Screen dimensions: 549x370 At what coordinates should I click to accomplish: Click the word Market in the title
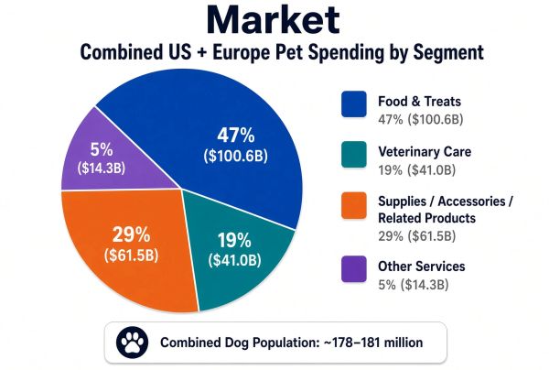point(273,20)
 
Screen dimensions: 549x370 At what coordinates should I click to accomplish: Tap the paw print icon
point(132,343)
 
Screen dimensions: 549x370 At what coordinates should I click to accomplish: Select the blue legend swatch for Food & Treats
point(354,104)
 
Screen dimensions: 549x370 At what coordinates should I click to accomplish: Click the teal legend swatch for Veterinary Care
point(354,154)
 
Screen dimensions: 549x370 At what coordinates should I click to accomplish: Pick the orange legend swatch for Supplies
point(354,205)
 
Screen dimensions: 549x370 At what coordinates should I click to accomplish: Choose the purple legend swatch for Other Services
point(354,269)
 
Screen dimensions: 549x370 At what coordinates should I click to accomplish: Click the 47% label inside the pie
point(236,135)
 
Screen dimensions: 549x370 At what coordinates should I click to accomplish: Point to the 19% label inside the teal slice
point(234,240)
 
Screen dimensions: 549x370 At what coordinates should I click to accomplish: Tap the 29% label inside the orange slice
point(131,234)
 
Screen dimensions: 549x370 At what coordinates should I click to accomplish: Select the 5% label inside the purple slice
point(102,149)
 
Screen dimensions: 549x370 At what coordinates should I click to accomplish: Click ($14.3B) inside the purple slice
point(102,168)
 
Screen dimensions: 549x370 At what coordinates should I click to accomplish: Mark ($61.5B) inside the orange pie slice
point(131,256)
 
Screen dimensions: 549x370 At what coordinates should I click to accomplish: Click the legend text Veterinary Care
point(425,152)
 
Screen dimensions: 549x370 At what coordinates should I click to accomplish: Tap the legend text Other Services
point(422,267)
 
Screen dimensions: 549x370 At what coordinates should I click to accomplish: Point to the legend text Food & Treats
point(419,102)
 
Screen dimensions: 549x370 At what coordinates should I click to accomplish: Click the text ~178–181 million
point(373,343)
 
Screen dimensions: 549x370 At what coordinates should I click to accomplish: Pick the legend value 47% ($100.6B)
point(421,119)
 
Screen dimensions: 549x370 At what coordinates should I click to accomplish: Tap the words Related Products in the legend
point(426,218)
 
